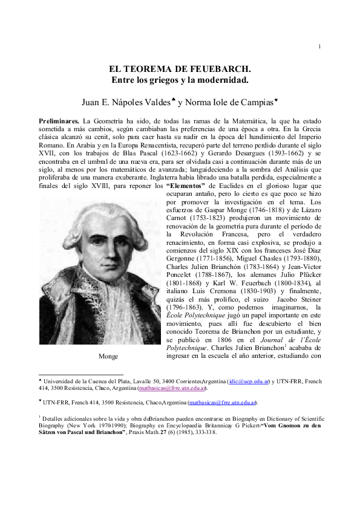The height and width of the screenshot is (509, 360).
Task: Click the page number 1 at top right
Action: (319, 48)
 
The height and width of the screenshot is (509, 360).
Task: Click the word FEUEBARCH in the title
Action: (219, 69)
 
